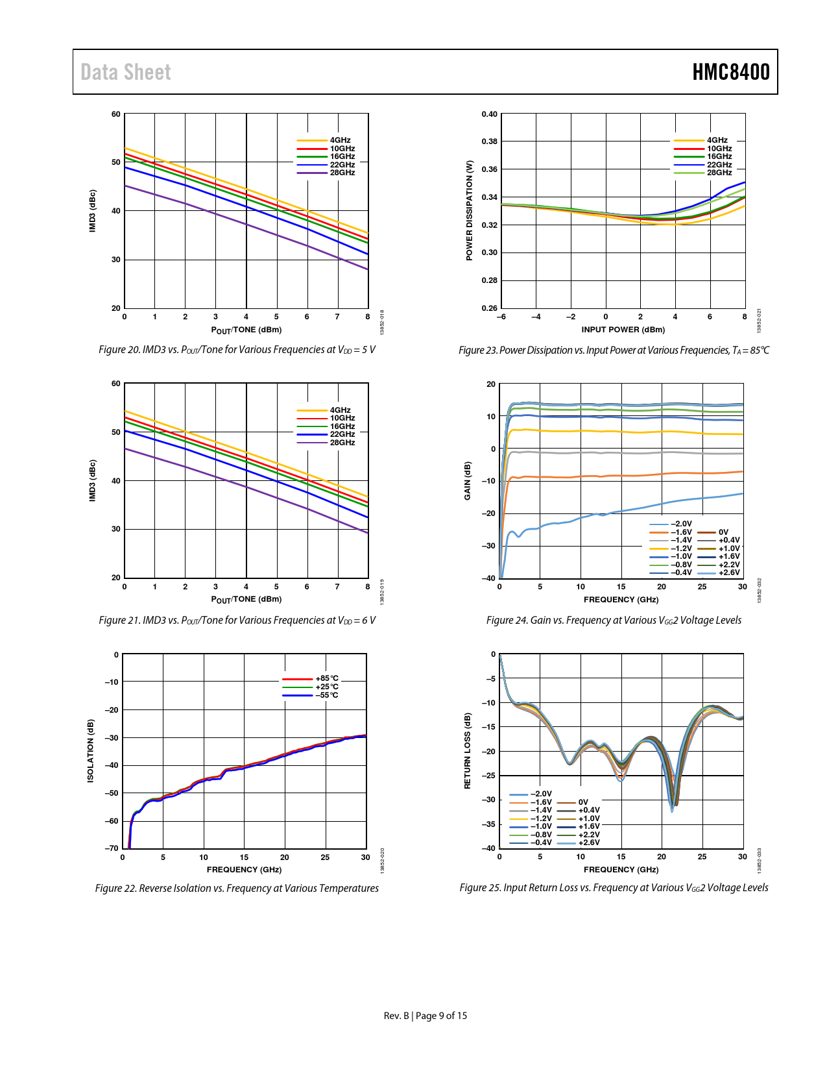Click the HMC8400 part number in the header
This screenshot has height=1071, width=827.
pos(730,72)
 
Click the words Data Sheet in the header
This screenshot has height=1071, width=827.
pos(126,72)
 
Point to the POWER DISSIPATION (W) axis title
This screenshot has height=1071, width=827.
pos(469,211)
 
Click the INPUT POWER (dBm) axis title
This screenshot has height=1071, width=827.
pos(623,330)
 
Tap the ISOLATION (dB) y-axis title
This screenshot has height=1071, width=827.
pos(91,751)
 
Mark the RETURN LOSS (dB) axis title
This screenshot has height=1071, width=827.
pos(467,751)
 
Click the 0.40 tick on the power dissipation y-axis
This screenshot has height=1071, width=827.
pos(489,114)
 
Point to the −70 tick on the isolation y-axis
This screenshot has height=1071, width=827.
pos(112,848)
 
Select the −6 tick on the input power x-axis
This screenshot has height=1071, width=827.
pos(501,317)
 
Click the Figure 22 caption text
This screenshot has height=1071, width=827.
pos(237,888)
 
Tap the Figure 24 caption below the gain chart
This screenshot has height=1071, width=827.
pos(614,620)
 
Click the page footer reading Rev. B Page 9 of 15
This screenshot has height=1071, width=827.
pos(425,1016)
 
